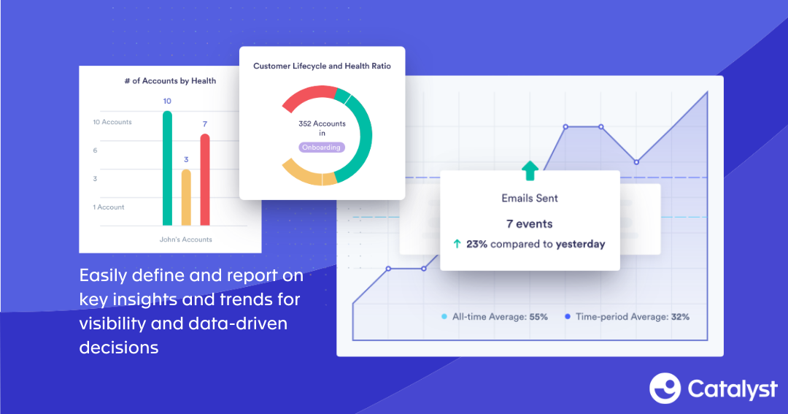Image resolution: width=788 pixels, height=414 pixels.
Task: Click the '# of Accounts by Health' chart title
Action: pos(170,81)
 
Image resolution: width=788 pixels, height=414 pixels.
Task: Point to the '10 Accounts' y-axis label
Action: pos(112,122)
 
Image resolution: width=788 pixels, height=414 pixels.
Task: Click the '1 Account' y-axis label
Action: pos(109,207)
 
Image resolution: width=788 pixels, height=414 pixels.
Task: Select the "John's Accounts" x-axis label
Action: pos(186,239)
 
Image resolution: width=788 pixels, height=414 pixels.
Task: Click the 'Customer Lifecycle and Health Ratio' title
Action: pos(322,66)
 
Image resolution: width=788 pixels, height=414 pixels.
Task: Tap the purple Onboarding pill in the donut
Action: pos(322,147)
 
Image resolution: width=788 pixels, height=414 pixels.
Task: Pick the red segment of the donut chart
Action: pos(306,94)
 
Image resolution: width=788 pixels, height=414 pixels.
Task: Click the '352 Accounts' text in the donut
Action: pos(322,124)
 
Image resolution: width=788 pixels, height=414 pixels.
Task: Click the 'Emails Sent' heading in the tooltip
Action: pos(530,198)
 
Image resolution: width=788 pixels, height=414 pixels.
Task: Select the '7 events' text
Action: pos(530,223)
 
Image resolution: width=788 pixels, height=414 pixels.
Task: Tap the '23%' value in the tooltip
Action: pos(476,245)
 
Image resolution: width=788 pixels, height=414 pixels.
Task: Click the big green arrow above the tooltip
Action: pos(530,171)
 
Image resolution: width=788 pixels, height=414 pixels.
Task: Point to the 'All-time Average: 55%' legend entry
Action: pos(495,317)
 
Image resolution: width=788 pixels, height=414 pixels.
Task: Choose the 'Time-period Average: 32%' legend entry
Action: pos(627,317)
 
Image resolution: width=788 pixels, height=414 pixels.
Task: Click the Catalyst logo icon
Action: pos(665,388)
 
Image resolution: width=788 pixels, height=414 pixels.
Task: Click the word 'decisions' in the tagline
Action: pos(119,348)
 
